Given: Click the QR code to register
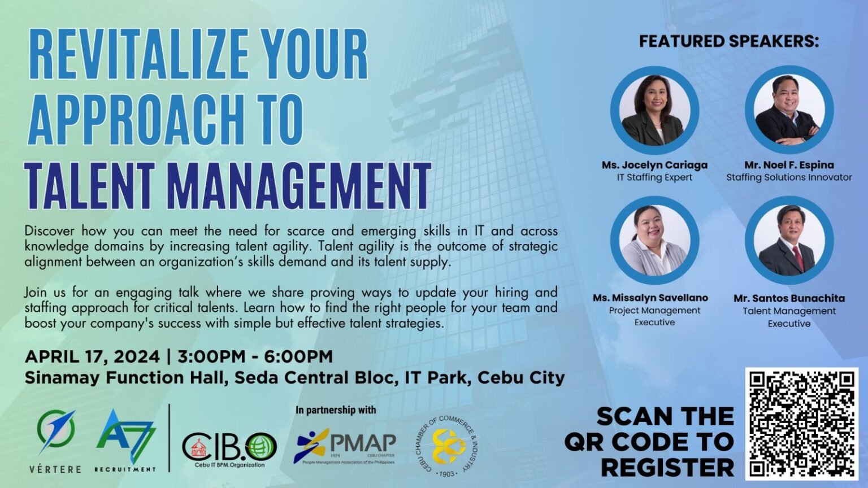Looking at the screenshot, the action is click(801, 424).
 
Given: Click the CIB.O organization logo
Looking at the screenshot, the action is click(229, 449).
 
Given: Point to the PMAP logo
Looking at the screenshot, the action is click(345, 446).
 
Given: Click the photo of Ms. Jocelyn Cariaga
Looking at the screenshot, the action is click(654, 110).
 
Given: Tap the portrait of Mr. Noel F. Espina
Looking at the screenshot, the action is click(789, 110).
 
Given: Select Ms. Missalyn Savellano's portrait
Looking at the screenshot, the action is click(654, 240).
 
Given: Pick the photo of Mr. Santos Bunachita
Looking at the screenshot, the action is click(789, 240).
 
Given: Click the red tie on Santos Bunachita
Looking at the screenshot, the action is click(798, 258).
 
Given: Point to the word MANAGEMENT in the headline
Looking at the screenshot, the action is click(301, 185).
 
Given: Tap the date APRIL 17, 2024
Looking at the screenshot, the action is click(92, 357).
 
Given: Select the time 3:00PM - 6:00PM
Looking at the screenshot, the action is click(255, 357).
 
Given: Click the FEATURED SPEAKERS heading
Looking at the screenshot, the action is click(729, 41).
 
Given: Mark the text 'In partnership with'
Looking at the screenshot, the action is click(336, 409).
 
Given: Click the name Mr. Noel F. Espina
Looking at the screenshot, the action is click(789, 165).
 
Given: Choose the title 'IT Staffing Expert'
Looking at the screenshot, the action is click(654, 178).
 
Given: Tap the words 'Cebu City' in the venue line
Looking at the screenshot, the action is click(521, 378).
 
